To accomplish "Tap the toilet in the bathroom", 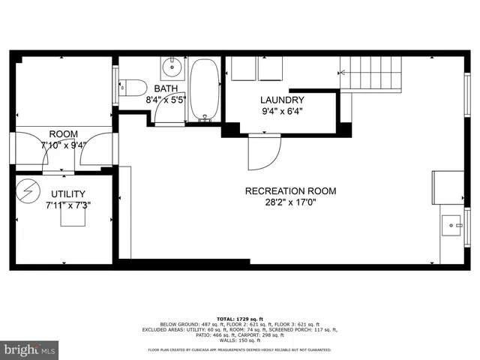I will pyautogui.click(x=134, y=88).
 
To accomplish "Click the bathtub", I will pyautogui.click(x=204, y=91).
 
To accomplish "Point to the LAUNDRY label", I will pyautogui.click(x=282, y=100).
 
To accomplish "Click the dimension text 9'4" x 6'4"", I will pyautogui.click(x=282, y=112).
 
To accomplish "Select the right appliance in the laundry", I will pyautogui.click(x=271, y=69).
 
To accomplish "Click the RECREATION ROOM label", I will pyautogui.click(x=290, y=191).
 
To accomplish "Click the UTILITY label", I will pyautogui.click(x=68, y=193).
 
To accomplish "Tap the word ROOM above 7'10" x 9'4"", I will pyautogui.click(x=64, y=135).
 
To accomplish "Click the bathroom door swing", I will pyautogui.click(x=159, y=112).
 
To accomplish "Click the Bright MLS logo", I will pyautogui.click(x=30, y=349).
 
